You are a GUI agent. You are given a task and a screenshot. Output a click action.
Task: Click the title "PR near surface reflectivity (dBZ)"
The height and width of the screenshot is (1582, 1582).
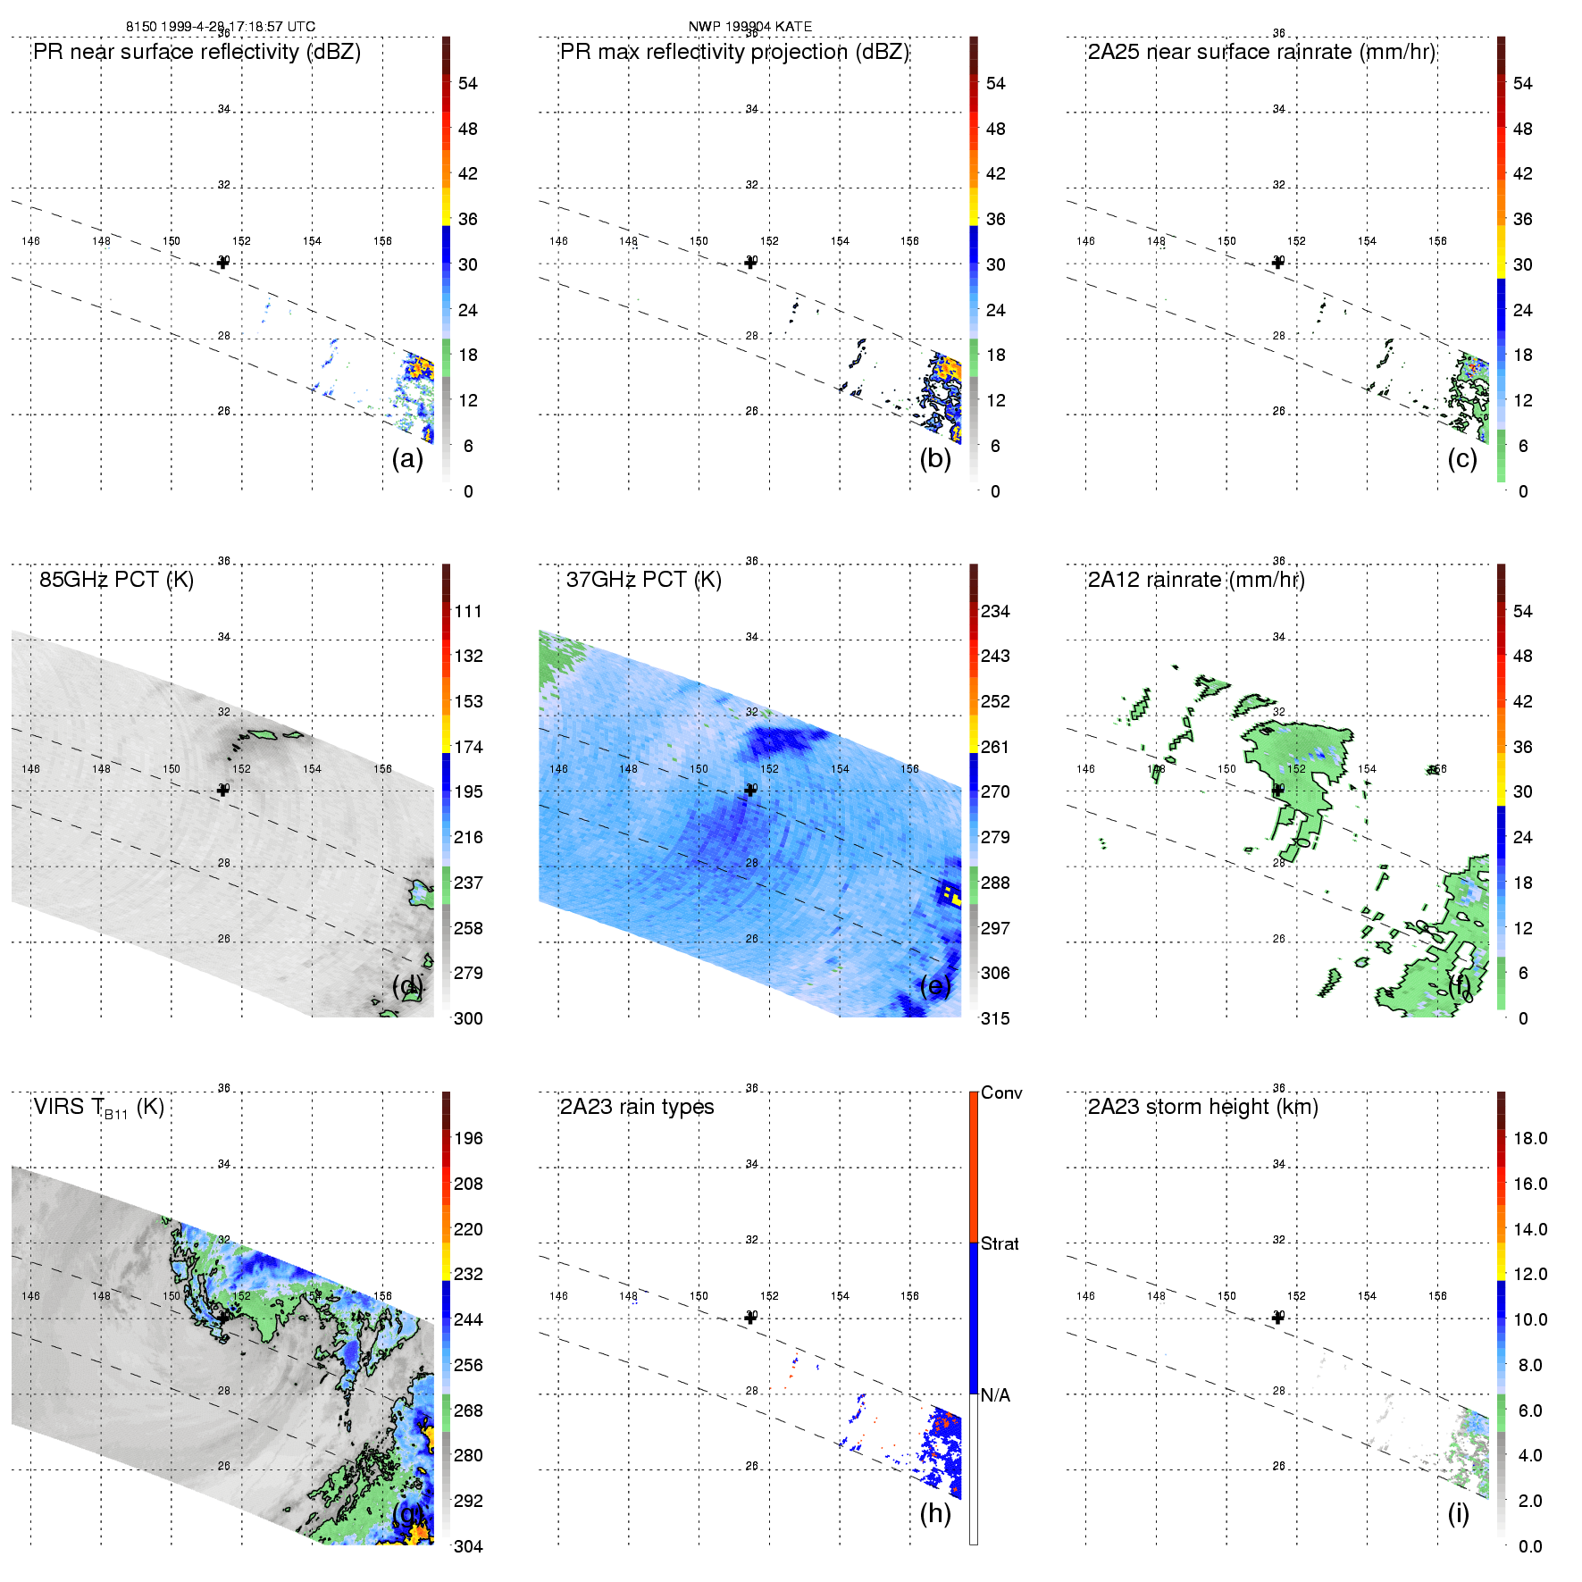pos(197,52)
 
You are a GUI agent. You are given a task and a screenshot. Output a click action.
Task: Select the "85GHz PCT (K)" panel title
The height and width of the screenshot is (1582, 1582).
pos(116,580)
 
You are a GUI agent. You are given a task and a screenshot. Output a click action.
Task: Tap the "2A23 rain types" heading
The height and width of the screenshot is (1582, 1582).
pos(637,1107)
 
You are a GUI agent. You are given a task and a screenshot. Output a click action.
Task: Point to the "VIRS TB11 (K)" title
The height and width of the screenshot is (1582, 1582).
pos(98,1108)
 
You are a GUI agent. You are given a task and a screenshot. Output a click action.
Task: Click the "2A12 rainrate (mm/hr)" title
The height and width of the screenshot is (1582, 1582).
pos(1196,580)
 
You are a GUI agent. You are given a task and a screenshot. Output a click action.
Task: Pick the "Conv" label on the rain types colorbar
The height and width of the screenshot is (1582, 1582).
pos(1001,1092)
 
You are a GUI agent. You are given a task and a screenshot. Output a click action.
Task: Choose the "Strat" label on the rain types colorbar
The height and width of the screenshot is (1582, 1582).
pos(1000,1243)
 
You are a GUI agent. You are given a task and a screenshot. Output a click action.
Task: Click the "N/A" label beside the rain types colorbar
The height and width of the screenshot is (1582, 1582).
pos(995,1395)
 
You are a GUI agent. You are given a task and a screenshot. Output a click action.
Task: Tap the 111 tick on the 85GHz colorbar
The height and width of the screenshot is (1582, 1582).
pos(468,611)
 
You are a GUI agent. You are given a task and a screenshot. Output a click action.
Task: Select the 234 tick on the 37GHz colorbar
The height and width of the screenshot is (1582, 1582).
pos(995,611)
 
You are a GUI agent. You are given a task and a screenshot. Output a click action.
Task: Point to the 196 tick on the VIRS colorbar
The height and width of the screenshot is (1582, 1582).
pos(468,1138)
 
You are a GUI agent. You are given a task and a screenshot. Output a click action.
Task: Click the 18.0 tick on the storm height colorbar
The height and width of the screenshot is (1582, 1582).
pos(1530,1138)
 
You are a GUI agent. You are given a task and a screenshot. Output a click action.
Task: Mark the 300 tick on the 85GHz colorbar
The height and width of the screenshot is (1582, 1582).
pos(468,1018)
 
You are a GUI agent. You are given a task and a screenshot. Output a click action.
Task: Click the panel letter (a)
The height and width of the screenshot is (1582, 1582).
pos(407,459)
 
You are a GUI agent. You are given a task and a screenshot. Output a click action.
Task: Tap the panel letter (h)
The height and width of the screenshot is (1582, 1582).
pos(935,1513)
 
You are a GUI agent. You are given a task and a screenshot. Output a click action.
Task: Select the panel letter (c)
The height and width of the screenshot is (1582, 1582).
pos(1462,459)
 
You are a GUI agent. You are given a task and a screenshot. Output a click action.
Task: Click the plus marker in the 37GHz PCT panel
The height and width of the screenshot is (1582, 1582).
pos(750,790)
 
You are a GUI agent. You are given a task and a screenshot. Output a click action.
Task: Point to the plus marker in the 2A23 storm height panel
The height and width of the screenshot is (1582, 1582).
pos(1277,1317)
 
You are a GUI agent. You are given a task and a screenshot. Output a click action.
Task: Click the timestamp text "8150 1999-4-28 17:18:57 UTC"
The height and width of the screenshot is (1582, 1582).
pos(221,27)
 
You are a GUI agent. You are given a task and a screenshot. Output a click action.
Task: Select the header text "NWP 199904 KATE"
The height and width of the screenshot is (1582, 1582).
pos(750,27)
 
